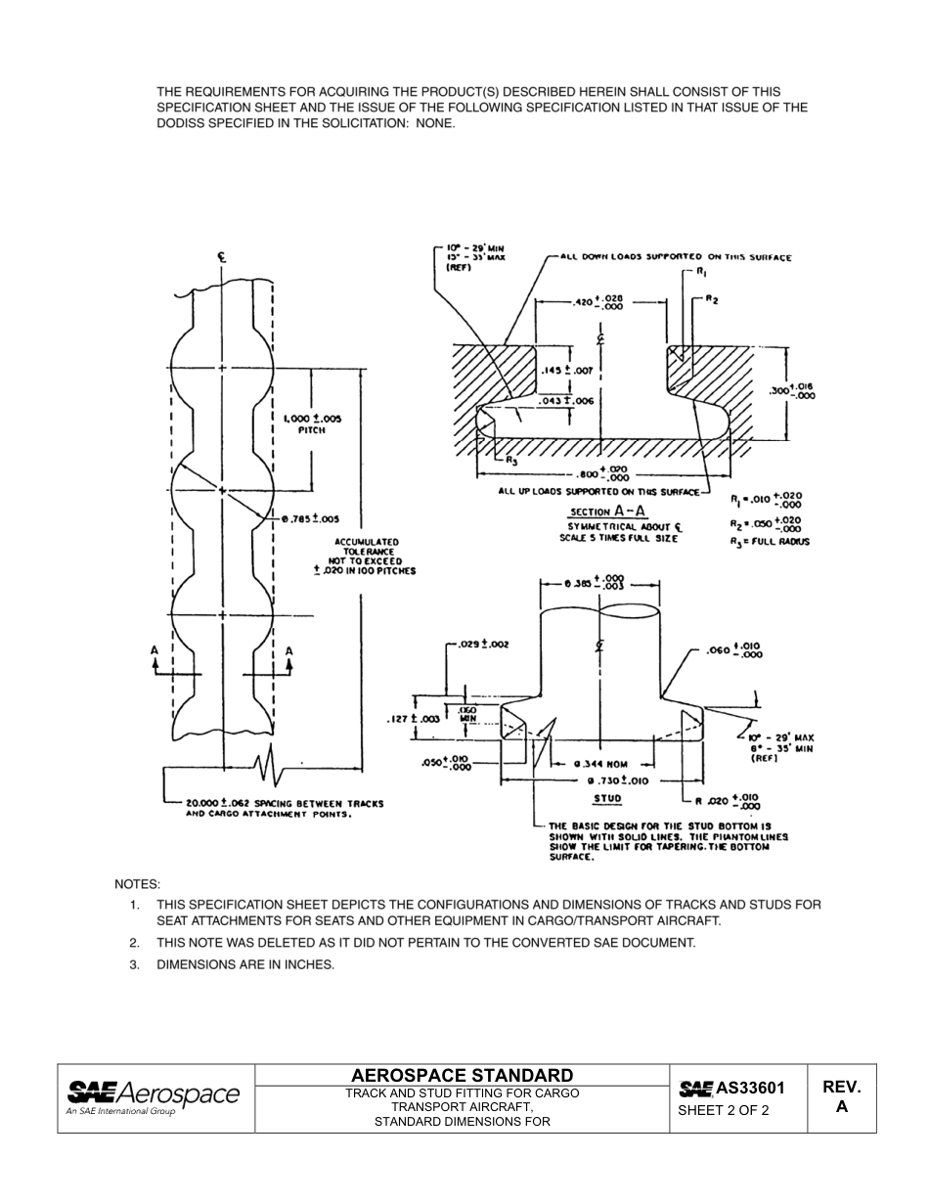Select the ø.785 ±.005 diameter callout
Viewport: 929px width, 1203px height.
pos(309,518)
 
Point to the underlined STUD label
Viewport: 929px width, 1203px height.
pos(607,798)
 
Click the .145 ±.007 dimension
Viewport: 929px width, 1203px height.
pos(567,371)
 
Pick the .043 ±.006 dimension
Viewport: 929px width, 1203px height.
pos(567,400)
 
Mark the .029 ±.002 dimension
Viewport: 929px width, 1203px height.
pos(483,644)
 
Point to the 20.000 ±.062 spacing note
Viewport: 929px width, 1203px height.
pos(285,808)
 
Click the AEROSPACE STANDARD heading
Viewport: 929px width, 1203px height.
pos(462,1074)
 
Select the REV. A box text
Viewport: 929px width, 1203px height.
pos(841,1097)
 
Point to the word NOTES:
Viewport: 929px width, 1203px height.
pos(137,884)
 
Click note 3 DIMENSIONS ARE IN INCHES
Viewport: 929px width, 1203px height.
pos(245,964)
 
